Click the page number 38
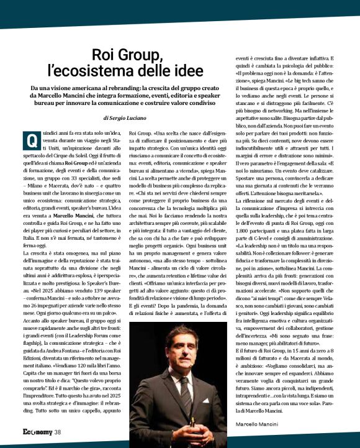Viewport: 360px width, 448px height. tap(58, 432)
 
